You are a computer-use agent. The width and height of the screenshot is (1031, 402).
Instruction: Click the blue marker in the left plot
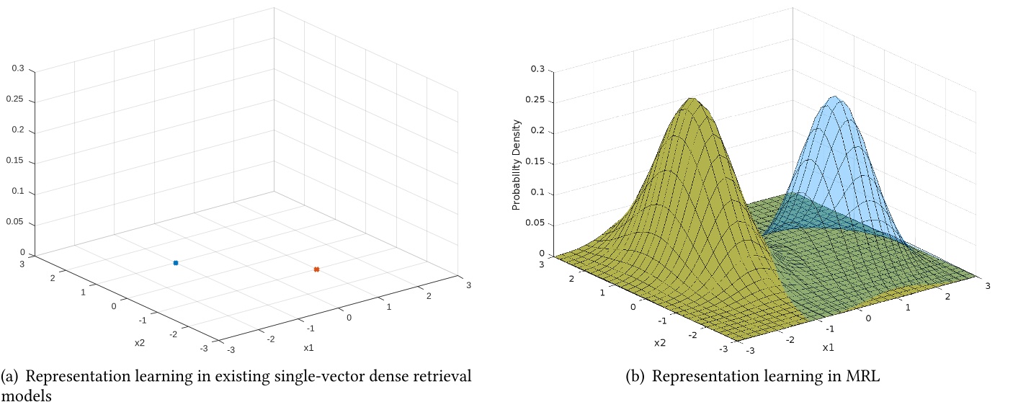pyautogui.click(x=175, y=263)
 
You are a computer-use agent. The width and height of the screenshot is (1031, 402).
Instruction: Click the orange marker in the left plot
pyautogui.click(x=316, y=269)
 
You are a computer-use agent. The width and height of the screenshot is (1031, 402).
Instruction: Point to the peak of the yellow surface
pyautogui.click(x=692, y=99)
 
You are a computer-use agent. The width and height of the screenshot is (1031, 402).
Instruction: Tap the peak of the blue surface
pyautogui.click(x=834, y=97)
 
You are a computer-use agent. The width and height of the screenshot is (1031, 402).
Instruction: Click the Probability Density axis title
pyautogui.click(x=516, y=171)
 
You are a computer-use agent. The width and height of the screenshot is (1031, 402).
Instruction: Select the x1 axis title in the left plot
pyautogui.click(x=308, y=347)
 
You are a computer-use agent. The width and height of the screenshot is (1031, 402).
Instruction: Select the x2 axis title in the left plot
pyautogui.click(x=140, y=342)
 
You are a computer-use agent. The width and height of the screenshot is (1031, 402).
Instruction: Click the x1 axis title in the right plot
pyautogui.click(x=828, y=347)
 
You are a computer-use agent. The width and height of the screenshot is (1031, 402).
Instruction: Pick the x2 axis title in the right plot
pyautogui.click(x=660, y=343)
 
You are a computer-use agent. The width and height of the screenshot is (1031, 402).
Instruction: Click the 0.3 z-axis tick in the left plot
pyautogui.click(x=18, y=69)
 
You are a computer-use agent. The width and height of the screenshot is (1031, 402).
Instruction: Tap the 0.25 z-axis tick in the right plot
pyautogui.click(x=535, y=101)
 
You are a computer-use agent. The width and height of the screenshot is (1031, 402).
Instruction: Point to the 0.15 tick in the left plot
pyautogui.click(x=18, y=161)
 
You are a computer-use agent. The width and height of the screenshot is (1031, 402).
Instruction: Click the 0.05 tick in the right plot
pyautogui.click(x=535, y=223)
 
